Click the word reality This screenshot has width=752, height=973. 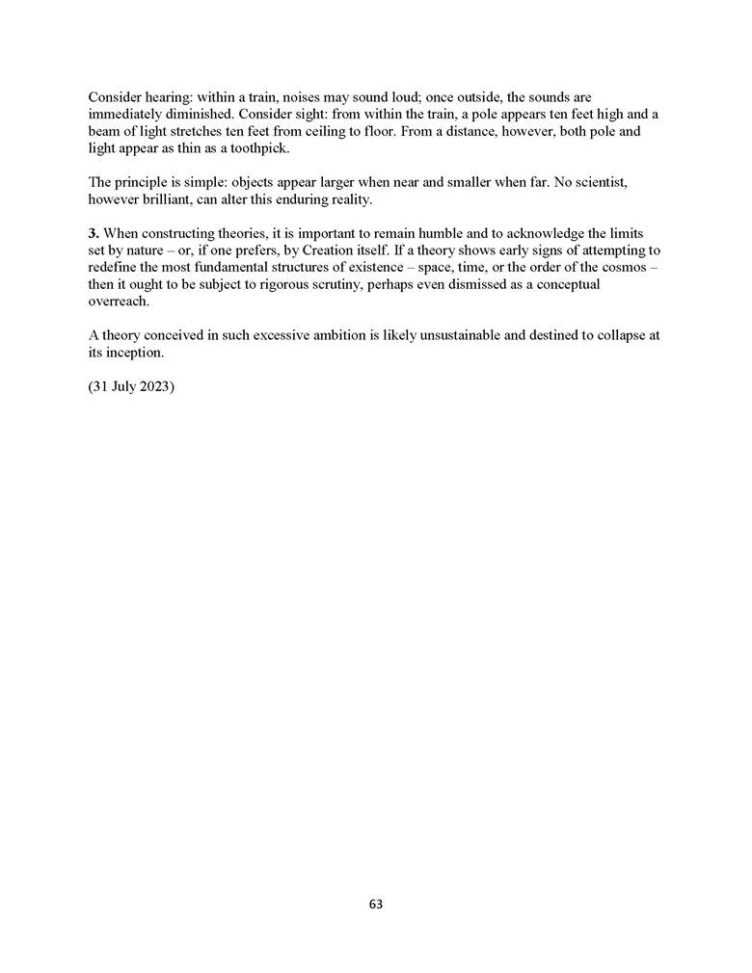346,199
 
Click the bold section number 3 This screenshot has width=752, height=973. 93,234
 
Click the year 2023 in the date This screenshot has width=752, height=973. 154,388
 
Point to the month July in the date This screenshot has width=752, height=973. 122,388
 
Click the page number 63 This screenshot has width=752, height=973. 376,904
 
